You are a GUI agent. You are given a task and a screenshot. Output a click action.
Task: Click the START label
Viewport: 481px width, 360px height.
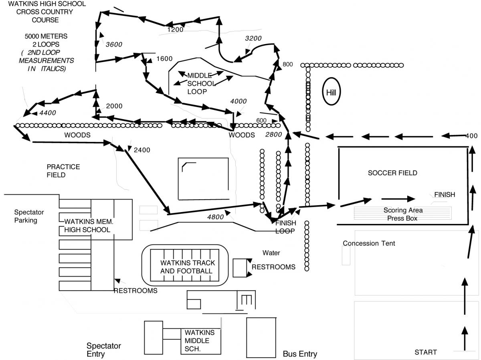click(x=425, y=352)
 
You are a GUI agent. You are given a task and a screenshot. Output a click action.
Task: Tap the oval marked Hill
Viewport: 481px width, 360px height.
click(x=331, y=93)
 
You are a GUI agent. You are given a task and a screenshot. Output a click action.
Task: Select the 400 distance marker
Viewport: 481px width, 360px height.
click(x=471, y=136)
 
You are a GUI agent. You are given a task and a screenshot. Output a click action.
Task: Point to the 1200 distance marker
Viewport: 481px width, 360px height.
click(x=175, y=29)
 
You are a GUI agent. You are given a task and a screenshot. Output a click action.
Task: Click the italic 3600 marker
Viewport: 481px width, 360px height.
click(x=114, y=44)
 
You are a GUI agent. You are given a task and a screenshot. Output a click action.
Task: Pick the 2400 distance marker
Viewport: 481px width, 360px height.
click(x=142, y=150)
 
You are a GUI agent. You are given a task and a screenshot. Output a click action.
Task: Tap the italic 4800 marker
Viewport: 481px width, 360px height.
click(x=216, y=217)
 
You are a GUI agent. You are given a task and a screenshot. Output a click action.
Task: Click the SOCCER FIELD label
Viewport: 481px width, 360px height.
click(x=392, y=173)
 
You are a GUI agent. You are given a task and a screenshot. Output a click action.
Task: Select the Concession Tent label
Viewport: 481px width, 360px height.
click(x=369, y=243)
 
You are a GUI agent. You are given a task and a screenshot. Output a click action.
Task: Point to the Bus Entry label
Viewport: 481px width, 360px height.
click(x=300, y=354)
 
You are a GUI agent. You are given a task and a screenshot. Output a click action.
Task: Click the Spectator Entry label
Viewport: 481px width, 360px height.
click(x=104, y=350)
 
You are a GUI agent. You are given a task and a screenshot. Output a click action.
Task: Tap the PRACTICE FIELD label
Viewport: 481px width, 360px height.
click(x=63, y=171)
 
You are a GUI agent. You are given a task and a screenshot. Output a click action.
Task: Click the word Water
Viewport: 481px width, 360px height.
click(x=271, y=253)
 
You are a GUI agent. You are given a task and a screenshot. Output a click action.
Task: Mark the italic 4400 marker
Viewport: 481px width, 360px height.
click(x=47, y=113)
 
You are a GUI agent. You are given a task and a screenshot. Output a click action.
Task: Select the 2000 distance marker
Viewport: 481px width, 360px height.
click(x=114, y=106)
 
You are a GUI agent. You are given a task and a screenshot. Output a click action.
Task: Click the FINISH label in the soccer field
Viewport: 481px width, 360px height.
click(x=445, y=195)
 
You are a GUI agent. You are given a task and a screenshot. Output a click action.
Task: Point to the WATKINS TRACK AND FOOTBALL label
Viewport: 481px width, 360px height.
click(x=188, y=267)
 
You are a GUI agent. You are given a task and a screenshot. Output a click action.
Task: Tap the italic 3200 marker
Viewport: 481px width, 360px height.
click(x=253, y=38)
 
